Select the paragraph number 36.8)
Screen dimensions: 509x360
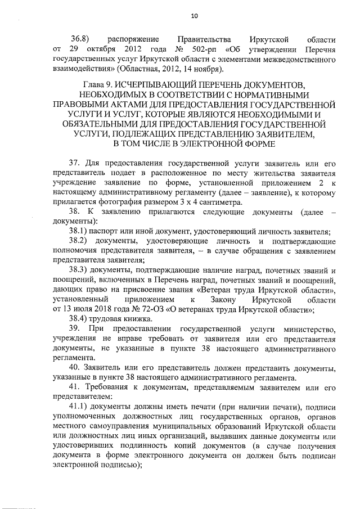[82, 40]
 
